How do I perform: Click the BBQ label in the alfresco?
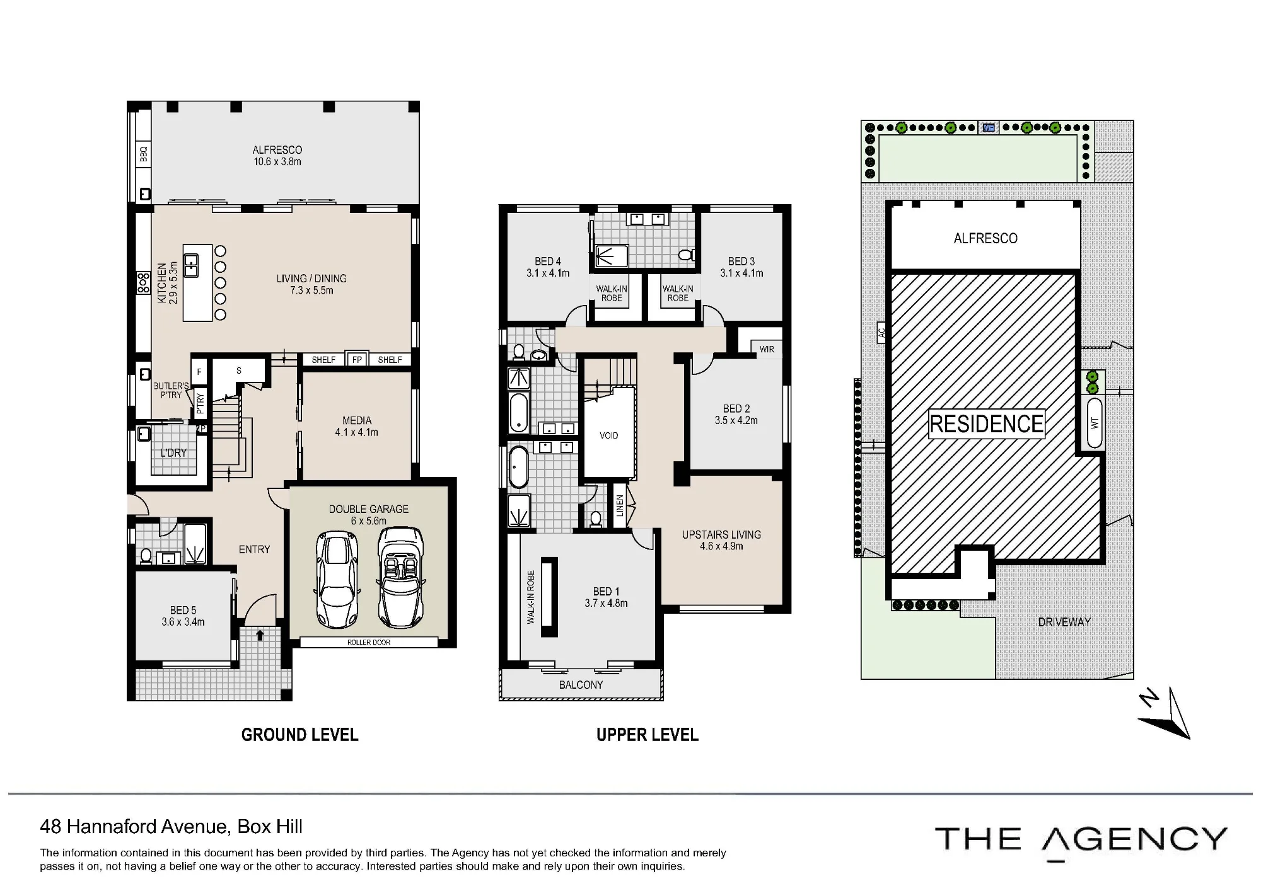143,154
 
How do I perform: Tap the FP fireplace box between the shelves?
357,360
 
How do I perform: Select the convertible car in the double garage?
400,578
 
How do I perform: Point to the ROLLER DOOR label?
369,643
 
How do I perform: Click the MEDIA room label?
357,420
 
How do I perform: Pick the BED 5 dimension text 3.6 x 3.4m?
183,622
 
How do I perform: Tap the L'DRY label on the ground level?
173,452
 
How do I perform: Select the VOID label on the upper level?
609,435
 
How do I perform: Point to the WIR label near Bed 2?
767,349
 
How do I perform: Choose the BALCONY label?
581,685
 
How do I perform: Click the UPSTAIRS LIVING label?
721,534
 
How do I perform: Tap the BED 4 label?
548,261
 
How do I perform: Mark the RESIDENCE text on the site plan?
987,424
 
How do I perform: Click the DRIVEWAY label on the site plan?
1064,622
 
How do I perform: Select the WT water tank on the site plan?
1095,423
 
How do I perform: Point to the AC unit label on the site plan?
881,332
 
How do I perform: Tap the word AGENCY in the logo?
1135,839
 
